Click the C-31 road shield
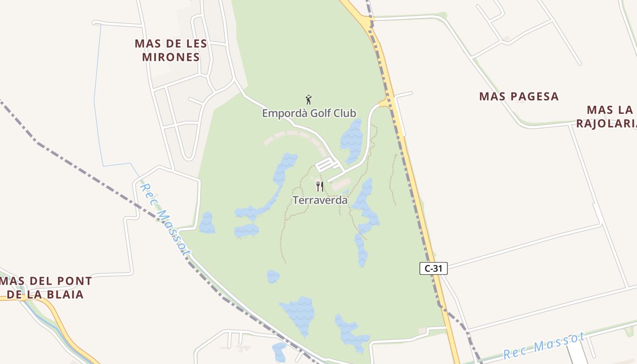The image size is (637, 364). [433, 268]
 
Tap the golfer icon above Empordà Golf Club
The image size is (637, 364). [308, 100]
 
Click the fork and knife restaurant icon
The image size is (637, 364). [320, 186]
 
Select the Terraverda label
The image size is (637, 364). [320, 200]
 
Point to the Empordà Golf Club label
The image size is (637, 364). [309, 113]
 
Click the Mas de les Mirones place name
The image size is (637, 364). [171, 51]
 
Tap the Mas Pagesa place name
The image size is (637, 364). [519, 96]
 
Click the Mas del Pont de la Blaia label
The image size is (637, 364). [46, 288]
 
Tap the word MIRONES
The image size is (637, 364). [171, 57]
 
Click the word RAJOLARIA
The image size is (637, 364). [606, 124]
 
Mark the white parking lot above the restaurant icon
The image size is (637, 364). [326, 164]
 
